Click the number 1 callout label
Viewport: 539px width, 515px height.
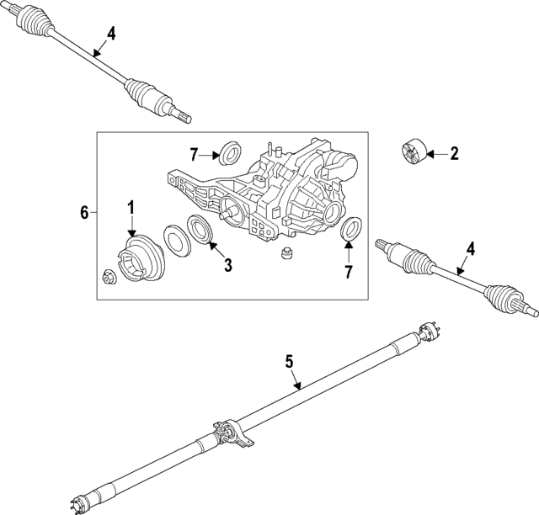[x=131, y=207]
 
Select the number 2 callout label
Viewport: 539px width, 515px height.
[x=454, y=153]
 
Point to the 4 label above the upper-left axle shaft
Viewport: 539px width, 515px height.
[x=111, y=35]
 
